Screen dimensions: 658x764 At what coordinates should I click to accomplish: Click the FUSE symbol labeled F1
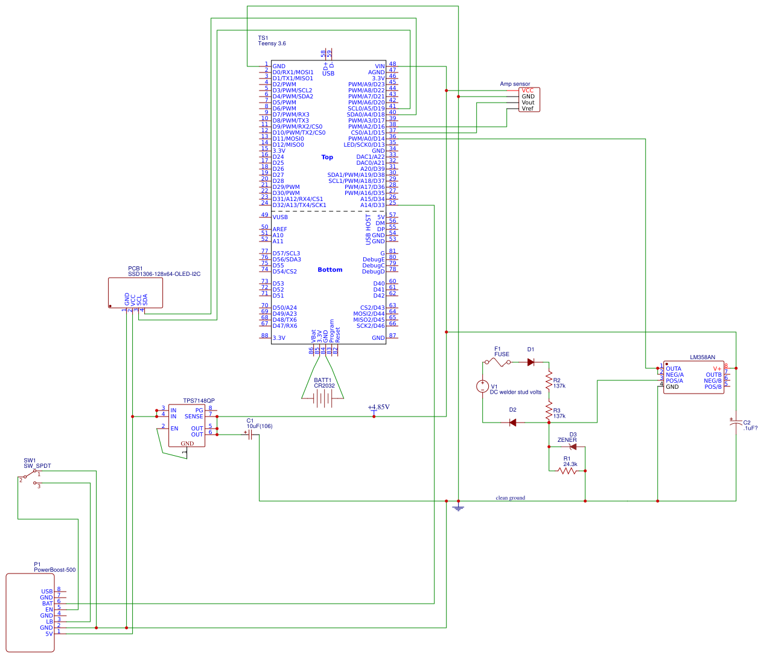(498, 362)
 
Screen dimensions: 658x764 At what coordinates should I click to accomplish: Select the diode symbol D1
(531, 362)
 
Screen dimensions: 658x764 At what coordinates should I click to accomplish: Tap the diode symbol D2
(512, 423)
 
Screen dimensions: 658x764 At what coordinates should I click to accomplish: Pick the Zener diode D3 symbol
(573, 447)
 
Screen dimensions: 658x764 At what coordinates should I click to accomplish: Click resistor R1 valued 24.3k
(568, 471)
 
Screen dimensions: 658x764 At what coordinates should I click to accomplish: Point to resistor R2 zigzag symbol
(549, 382)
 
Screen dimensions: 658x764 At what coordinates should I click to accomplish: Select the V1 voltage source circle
(483, 386)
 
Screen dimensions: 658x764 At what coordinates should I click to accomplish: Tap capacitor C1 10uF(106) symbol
(250, 434)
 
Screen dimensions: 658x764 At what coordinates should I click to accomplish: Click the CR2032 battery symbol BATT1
(323, 398)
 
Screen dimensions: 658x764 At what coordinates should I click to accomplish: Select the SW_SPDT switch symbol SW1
(29, 478)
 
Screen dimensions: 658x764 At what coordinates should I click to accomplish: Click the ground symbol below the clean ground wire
(458, 508)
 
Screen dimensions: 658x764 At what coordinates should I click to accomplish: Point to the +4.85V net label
(378, 407)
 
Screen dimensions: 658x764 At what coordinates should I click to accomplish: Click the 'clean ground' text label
(511, 498)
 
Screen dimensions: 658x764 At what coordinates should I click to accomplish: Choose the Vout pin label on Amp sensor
(528, 103)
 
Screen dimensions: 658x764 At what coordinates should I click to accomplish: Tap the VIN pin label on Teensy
(380, 66)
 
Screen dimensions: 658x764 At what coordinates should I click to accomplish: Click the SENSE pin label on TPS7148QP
(194, 417)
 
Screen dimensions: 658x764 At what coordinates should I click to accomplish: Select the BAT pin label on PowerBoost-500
(47, 604)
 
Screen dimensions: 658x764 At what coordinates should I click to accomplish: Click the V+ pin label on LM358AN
(717, 369)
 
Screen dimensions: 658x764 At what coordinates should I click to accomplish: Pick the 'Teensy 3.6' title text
(272, 43)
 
